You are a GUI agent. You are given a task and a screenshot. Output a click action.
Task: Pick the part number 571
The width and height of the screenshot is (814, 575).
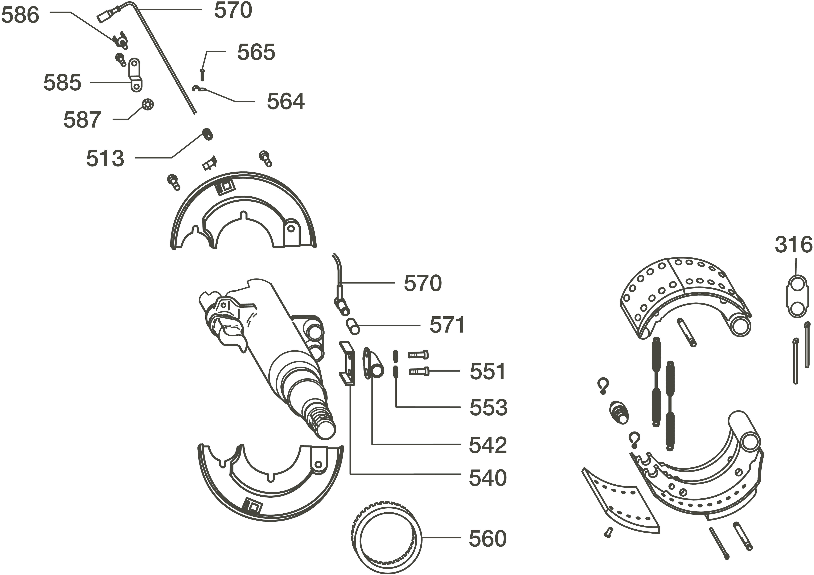[x=447, y=325]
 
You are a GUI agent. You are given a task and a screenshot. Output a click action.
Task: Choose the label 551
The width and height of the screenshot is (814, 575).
[x=488, y=372]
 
